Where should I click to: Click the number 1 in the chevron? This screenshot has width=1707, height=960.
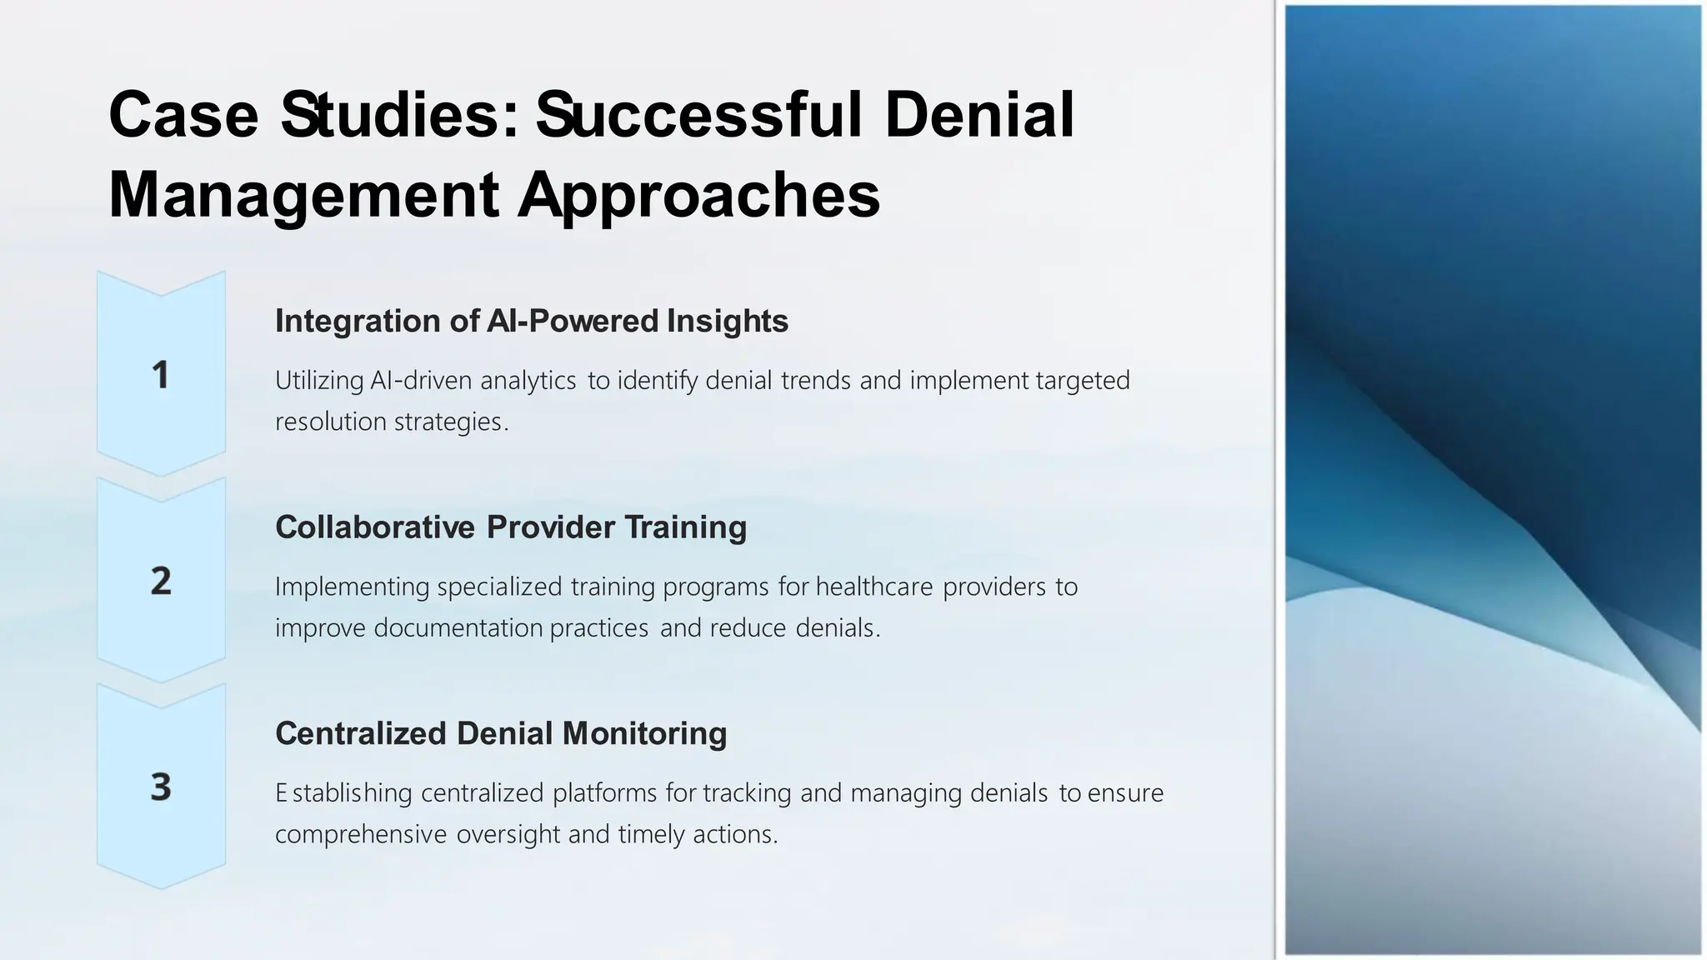pyautogui.click(x=160, y=375)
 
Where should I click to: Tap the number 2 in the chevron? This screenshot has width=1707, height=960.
pyautogui.click(x=161, y=581)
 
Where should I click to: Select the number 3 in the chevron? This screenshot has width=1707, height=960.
pyautogui.click(x=161, y=787)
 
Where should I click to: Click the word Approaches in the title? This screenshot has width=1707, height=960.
pyautogui.click(x=698, y=195)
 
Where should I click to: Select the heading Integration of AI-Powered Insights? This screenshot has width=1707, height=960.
pyautogui.click(x=531, y=321)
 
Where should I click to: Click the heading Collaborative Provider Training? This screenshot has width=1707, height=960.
pyautogui.click(x=510, y=527)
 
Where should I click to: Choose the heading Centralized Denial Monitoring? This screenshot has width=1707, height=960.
pyautogui.click(x=501, y=733)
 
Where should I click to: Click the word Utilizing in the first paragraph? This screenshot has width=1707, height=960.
pyautogui.click(x=319, y=381)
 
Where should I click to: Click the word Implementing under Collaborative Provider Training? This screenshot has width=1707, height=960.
pyautogui.click(x=352, y=587)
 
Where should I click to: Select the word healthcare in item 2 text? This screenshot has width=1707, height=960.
pyautogui.click(x=874, y=587)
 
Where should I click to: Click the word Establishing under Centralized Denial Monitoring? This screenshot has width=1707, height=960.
pyautogui.click(x=343, y=792)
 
